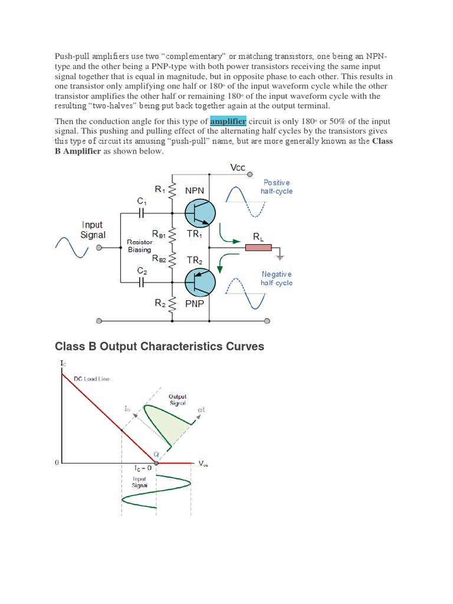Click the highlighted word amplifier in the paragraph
pyautogui.click(x=228, y=121)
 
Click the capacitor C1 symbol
pyautogui.click(x=142, y=214)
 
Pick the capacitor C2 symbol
pyautogui.click(x=142, y=283)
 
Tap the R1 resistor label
pyautogui.click(x=160, y=189)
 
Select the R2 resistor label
pyautogui.click(x=160, y=303)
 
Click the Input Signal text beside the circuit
pyautogui.click(x=93, y=229)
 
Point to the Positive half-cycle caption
pyautogui.click(x=277, y=187)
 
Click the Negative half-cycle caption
pyautogui.click(x=277, y=278)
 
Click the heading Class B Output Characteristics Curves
pyautogui.click(x=159, y=346)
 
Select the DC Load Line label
pyautogui.click(x=91, y=379)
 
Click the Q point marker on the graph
pyautogui.click(x=156, y=464)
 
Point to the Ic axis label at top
pyautogui.click(x=63, y=363)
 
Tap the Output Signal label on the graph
pyautogui.click(x=177, y=400)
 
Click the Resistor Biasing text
pyautogui.click(x=140, y=246)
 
